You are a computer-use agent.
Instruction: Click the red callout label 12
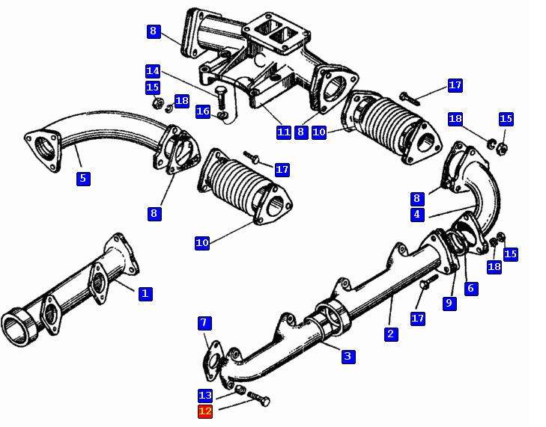coord(205,412)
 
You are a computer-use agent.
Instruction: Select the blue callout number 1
coord(145,293)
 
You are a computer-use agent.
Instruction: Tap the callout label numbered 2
coord(391,334)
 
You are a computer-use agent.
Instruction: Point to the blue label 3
coord(348,356)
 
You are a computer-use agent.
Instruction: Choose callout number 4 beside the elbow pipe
coord(417,215)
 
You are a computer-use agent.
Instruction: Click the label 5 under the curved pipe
coord(83,179)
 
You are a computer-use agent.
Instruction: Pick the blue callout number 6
coord(471,288)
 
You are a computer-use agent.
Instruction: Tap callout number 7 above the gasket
coord(204,323)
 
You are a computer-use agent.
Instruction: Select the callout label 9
coord(449,303)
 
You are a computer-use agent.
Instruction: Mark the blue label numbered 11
coord(283,132)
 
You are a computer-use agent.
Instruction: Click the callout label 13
coord(205,396)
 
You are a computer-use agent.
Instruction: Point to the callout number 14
coord(153,71)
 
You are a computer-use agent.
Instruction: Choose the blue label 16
coord(203,111)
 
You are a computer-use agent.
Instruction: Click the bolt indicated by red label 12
coord(258,399)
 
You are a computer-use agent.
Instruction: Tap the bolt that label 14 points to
coord(220,96)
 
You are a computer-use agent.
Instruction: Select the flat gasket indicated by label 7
coord(212,361)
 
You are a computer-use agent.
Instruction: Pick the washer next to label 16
coord(222,115)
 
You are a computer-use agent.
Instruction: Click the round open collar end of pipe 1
coord(19,326)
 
